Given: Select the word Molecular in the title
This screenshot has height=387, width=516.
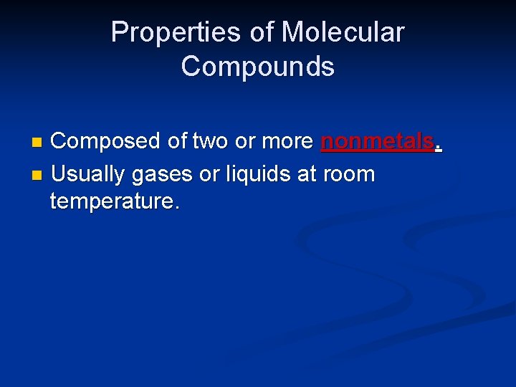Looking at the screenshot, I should [x=343, y=33].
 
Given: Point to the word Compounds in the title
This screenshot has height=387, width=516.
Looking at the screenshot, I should [x=257, y=67].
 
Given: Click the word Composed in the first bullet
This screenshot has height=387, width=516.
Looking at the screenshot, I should [x=106, y=142].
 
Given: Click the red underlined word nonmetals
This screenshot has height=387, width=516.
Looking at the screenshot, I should [x=377, y=142].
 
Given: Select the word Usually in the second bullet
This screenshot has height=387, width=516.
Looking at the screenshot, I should [x=87, y=173].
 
